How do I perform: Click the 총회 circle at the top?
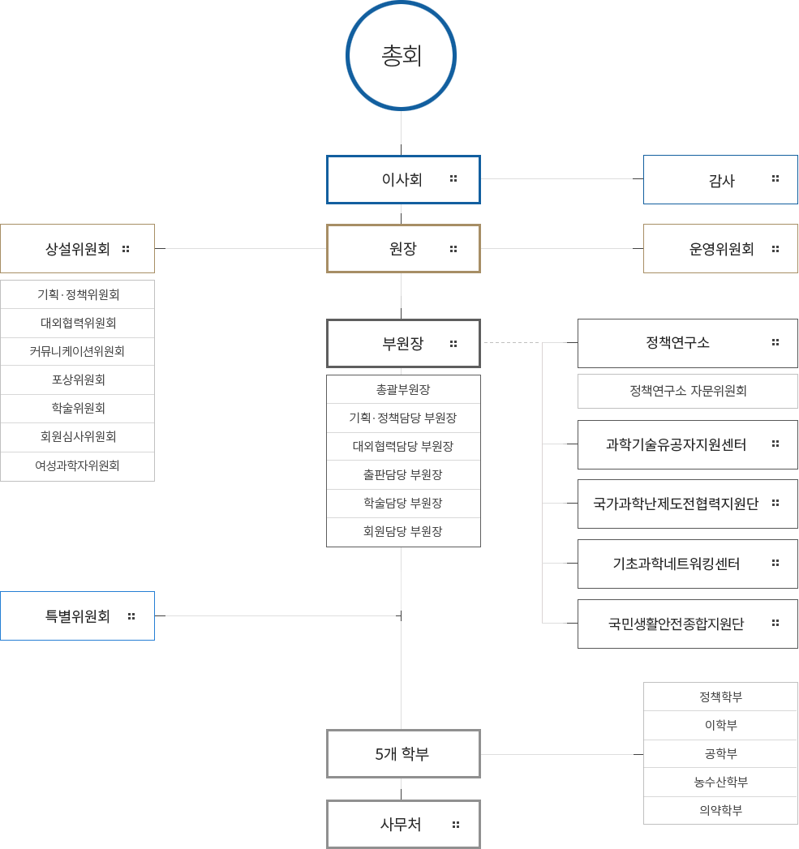tap(401, 56)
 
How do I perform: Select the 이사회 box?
tap(403, 179)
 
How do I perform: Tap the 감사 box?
tap(720, 180)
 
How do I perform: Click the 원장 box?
tap(403, 249)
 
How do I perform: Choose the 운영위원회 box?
tap(720, 249)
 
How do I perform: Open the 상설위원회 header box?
tap(78, 249)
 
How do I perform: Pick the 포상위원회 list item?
tap(78, 379)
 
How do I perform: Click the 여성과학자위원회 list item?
tap(78, 465)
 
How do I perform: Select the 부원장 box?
tap(403, 343)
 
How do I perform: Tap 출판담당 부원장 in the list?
tap(403, 474)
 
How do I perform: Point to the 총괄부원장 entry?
tap(403, 389)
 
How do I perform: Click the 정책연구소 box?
tap(687, 343)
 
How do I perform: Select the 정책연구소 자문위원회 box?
tap(687, 391)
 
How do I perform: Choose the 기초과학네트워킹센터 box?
tap(687, 564)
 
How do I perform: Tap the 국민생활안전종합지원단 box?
tap(687, 624)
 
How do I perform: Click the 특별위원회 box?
tap(78, 616)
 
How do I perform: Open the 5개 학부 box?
tap(403, 754)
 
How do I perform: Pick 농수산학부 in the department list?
tap(720, 783)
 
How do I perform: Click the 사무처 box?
tap(403, 825)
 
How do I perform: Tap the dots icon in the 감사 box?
tap(775, 178)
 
